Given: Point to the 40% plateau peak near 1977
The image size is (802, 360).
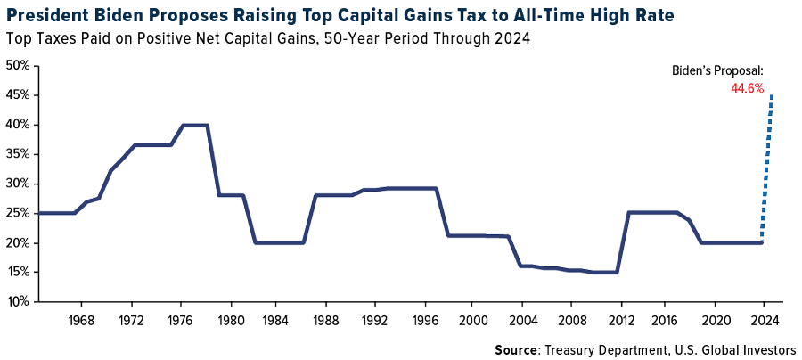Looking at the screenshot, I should (x=195, y=125).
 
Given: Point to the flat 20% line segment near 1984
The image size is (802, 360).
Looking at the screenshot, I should (x=278, y=242).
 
